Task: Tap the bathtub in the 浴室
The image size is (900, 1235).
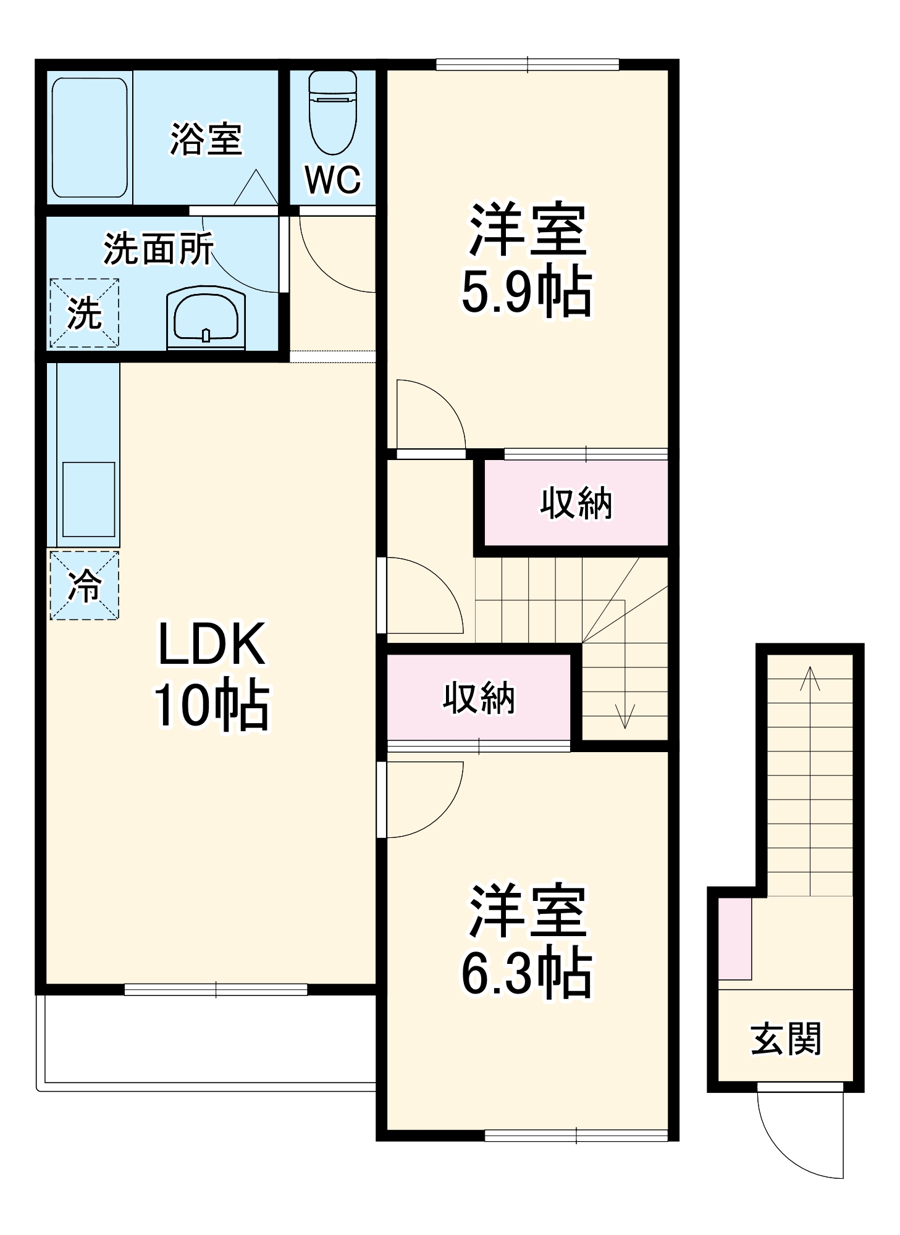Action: pyautogui.click(x=90, y=137)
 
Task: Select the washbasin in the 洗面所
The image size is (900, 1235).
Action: pyautogui.click(x=206, y=317)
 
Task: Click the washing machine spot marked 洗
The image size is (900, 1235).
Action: pyautogui.click(x=84, y=313)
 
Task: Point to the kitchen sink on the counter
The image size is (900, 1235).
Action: pyautogui.click(x=89, y=499)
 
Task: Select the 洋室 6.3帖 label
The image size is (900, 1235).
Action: pyautogui.click(x=526, y=941)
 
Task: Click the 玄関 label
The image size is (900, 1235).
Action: pyautogui.click(x=785, y=1039)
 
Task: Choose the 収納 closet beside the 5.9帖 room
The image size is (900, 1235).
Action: pyautogui.click(x=576, y=503)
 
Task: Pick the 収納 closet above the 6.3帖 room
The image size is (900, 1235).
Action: pyautogui.click(x=479, y=698)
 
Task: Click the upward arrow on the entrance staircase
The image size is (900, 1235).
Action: pyautogui.click(x=809, y=679)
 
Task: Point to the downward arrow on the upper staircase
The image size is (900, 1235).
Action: pyautogui.click(x=625, y=716)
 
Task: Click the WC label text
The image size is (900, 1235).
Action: pyautogui.click(x=332, y=180)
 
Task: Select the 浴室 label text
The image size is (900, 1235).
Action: pyautogui.click(x=206, y=139)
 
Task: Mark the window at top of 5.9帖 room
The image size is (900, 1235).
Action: pyautogui.click(x=527, y=64)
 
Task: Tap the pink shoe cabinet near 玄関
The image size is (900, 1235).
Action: pyautogui.click(x=735, y=939)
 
